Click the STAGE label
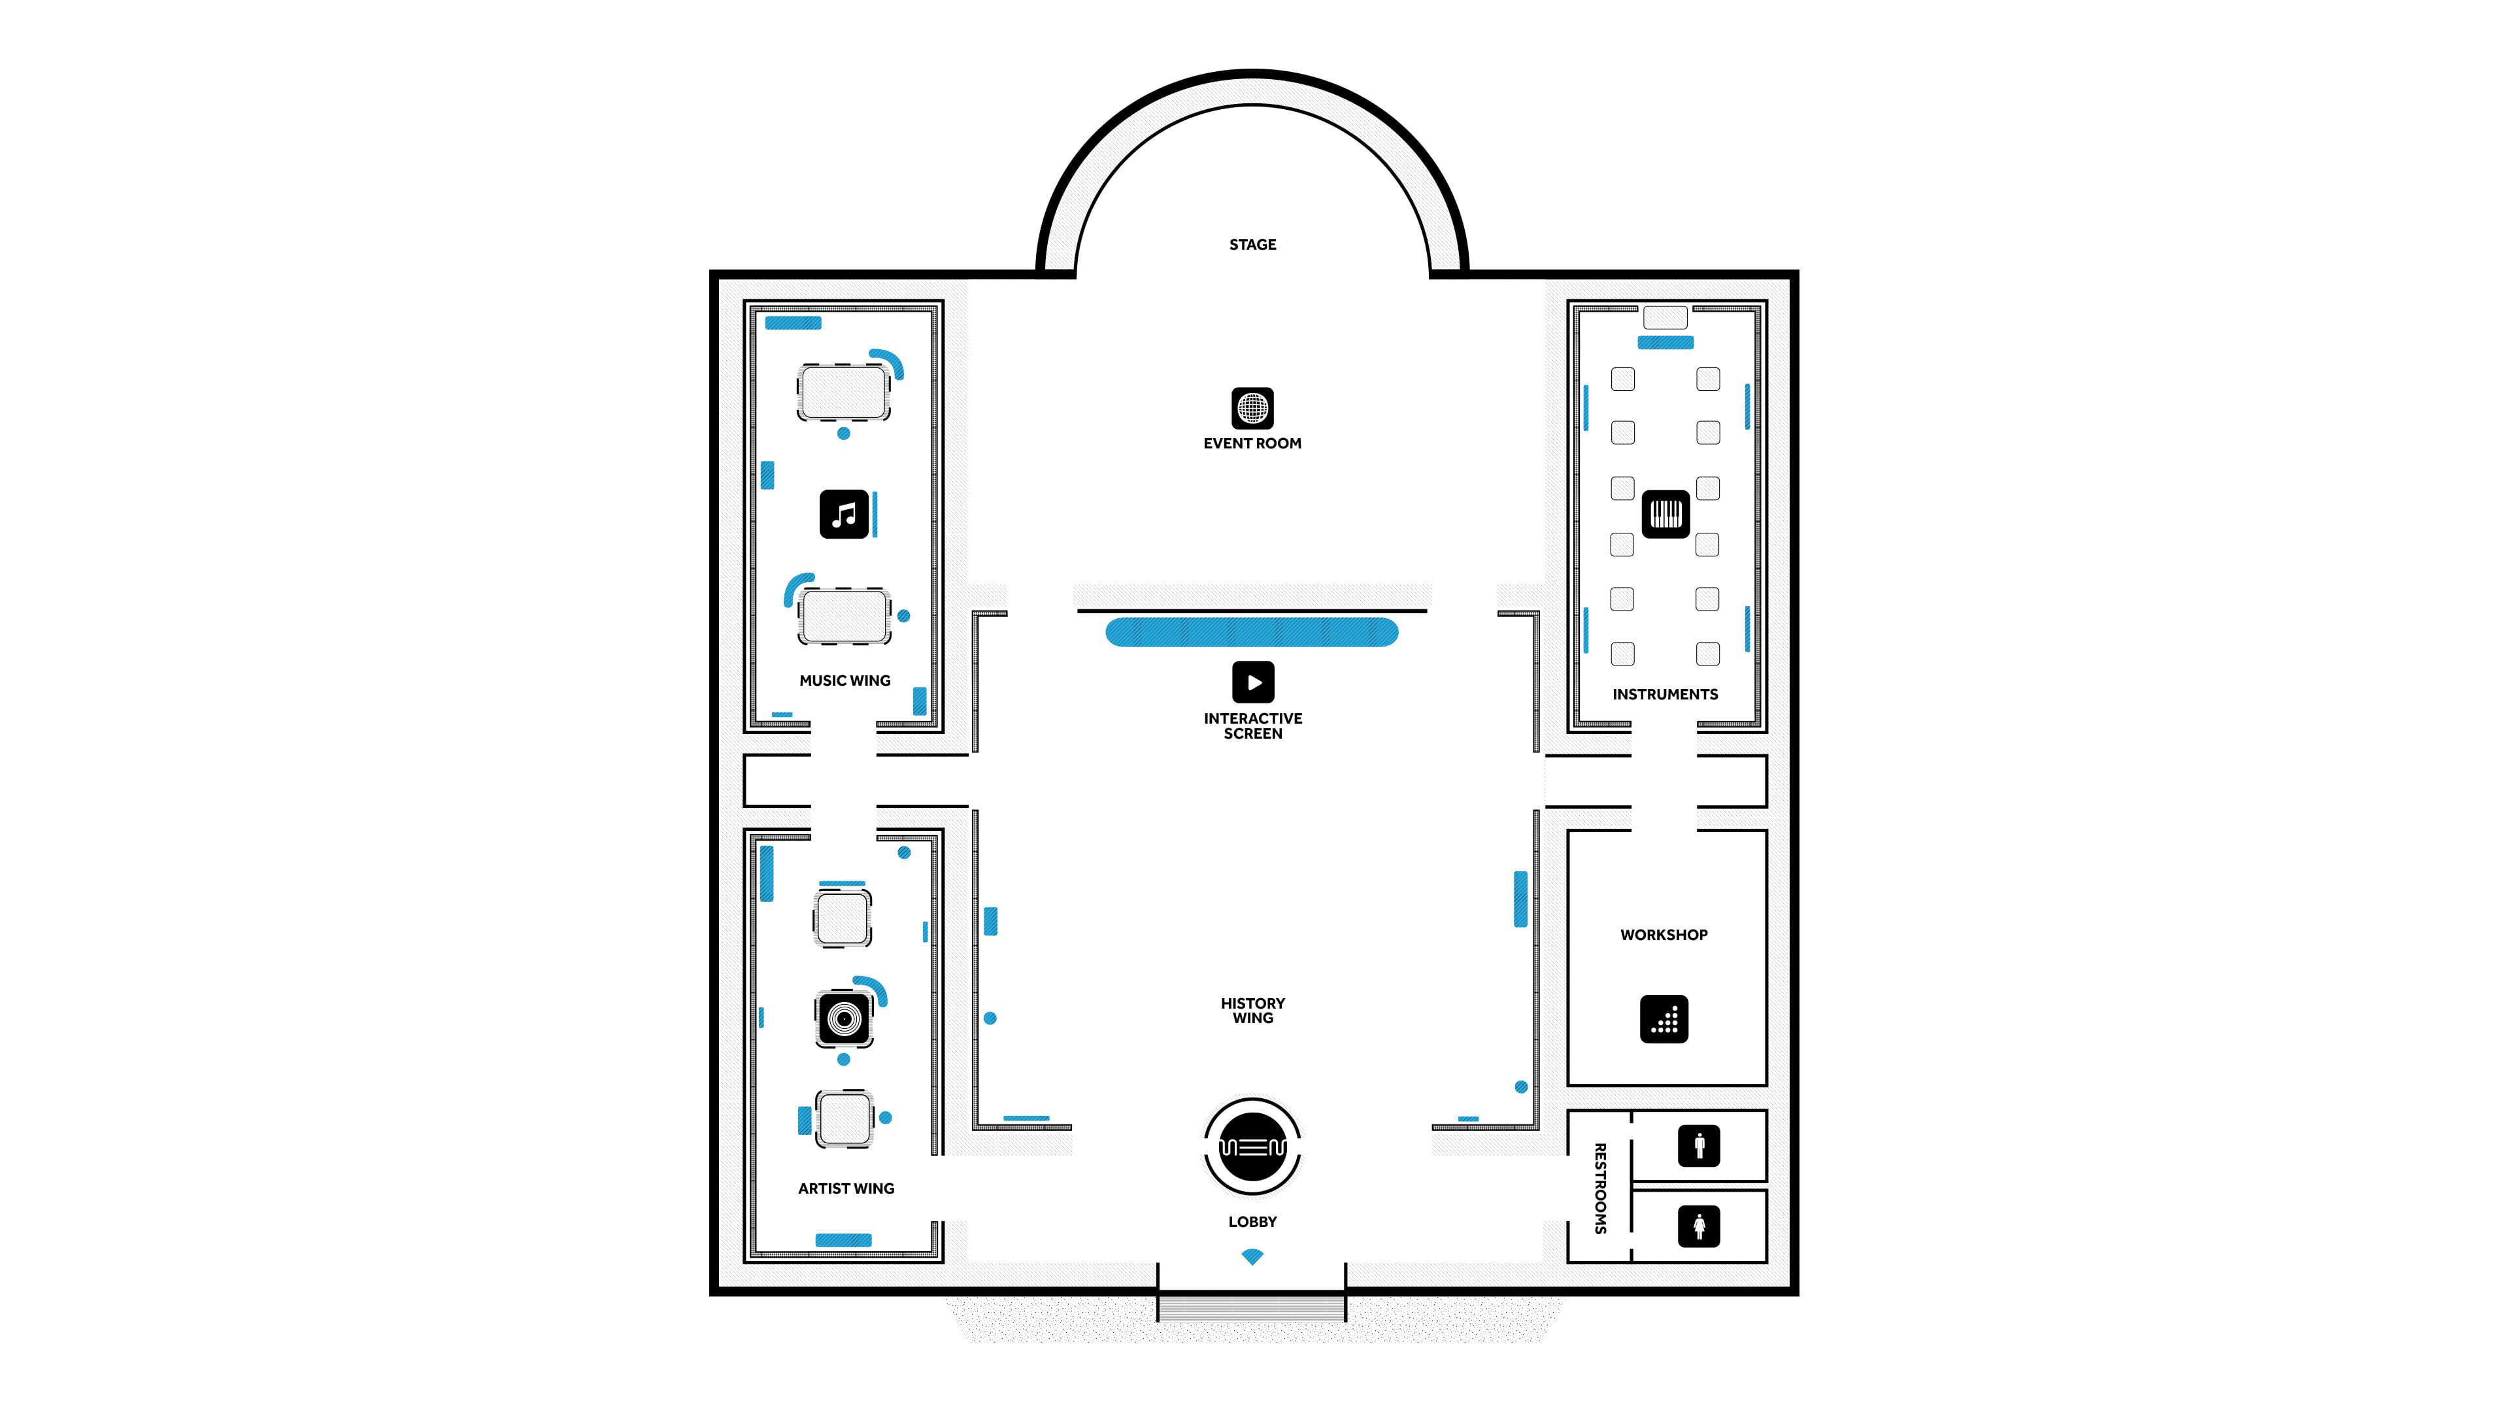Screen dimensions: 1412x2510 click(1252, 244)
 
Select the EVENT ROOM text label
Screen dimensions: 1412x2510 click(1252, 443)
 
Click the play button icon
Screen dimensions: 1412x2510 click(1253, 682)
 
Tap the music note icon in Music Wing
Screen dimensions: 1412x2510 click(844, 514)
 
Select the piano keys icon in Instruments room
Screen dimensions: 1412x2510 click(1665, 514)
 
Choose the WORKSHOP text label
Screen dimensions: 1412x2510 click(1664, 935)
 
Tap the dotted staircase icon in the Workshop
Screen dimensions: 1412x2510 click(1664, 1019)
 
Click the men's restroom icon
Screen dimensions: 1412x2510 click(1698, 1146)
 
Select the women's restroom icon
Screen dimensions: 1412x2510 click(1698, 1226)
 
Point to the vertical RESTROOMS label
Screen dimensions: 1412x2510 click(1599, 1189)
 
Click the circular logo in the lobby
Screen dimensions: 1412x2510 click(1252, 1147)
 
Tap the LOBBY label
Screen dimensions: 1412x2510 click(1252, 1222)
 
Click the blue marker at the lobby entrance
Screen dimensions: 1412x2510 click(1252, 1257)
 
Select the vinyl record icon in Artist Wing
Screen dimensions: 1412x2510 click(844, 1018)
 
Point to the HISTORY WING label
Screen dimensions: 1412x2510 click(1252, 1011)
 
